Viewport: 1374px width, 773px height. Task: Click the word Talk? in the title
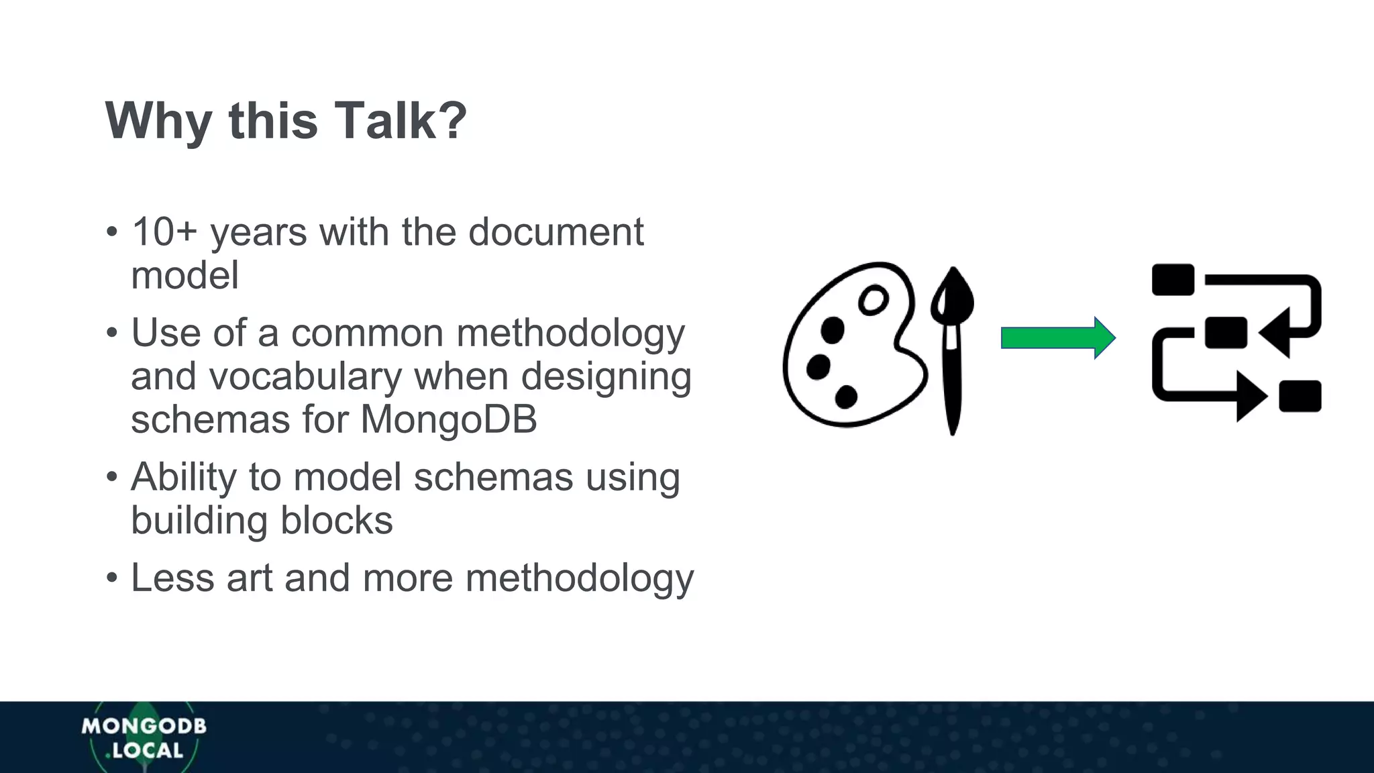(400, 121)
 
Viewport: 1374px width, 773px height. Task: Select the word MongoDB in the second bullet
(448, 419)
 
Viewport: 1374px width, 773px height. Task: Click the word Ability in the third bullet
(183, 478)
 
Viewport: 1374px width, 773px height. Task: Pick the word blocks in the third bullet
(336, 521)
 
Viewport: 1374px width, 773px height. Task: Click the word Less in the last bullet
(172, 578)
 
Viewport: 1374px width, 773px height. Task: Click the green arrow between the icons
(1057, 338)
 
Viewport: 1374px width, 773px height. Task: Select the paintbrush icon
(951, 349)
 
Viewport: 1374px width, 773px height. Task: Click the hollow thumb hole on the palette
(873, 300)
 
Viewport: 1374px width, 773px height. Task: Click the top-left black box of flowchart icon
(1173, 280)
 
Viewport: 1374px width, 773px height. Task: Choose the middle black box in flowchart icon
(1225, 332)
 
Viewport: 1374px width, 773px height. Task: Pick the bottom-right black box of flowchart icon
(1300, 396)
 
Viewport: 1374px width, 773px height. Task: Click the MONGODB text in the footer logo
(144, 726)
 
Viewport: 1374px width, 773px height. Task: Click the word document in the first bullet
(556, 232)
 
